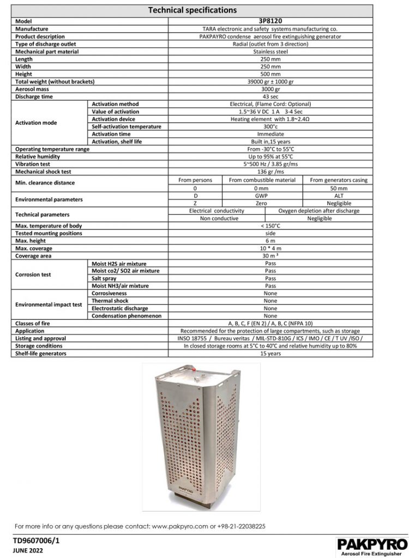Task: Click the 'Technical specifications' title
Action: tap(193, 10)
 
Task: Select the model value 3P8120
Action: tap(270, 21)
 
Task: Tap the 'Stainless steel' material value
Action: tap(270, 52)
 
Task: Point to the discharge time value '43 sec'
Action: tap(270, 96)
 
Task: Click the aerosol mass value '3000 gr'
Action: tap(270, 89)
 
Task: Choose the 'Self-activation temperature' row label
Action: tap(127, 126)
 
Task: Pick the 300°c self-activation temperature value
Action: tap(270, 126)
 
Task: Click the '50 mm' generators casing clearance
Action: tap(339, 187)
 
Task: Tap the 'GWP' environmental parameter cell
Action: tap(262, 195)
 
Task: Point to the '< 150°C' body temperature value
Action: tap(270, 226)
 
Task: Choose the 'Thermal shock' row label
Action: tap(110, 301)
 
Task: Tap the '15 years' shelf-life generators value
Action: tap(270, 353)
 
